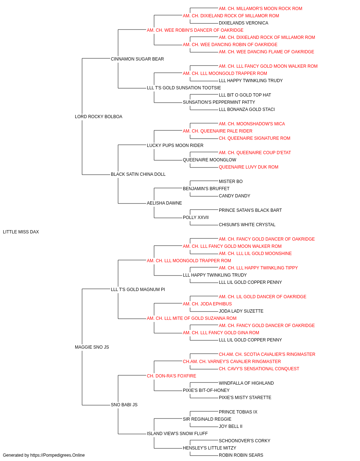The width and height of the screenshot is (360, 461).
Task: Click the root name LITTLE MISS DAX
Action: pos(21,232)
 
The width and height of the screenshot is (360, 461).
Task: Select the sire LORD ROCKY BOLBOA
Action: pos(99,117)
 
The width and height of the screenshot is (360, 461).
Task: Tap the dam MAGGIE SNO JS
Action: pos(92,347)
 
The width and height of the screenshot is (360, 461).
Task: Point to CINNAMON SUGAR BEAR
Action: pos(138,59)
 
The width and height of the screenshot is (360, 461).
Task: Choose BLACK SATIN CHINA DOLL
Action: pos(138,174)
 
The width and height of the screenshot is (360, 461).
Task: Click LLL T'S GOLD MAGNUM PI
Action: pos(138,289)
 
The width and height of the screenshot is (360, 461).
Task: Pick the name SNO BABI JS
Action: pos(124,404)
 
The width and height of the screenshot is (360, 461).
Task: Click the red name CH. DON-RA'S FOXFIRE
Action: pos(171,376)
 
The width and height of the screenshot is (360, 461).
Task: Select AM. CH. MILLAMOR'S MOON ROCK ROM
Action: pos(261,9)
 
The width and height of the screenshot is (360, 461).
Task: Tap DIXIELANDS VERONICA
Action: pos(244,23)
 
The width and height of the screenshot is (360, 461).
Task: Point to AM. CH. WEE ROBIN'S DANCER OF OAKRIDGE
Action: pos(195,30)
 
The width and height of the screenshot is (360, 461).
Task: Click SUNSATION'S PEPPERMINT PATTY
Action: pos(219,102)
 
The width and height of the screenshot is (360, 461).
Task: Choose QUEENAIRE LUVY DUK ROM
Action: pos(248,167)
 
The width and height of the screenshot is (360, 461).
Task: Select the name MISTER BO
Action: pos(231,182)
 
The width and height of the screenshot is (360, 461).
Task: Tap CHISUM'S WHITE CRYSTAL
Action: pos(247,225)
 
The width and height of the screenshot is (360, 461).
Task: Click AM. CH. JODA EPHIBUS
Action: pos(207,304)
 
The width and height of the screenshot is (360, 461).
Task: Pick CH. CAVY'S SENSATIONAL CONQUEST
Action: pos(259,369)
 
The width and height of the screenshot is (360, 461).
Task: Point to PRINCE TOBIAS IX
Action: pos(238,412)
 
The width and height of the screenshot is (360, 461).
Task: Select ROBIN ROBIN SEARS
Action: pos(241,455)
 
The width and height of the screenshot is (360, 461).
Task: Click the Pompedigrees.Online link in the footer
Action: pos(58,455)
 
